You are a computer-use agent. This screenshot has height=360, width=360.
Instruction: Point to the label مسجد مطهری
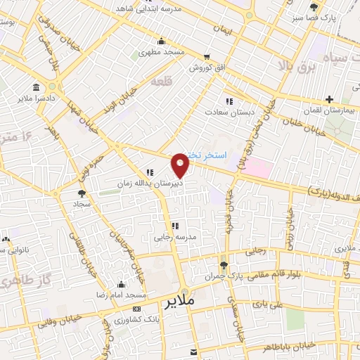tap(160, 52)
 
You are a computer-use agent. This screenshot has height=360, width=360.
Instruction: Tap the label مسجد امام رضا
tap(120, 293)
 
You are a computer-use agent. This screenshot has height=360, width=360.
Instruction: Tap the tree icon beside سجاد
tap(82, 192)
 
